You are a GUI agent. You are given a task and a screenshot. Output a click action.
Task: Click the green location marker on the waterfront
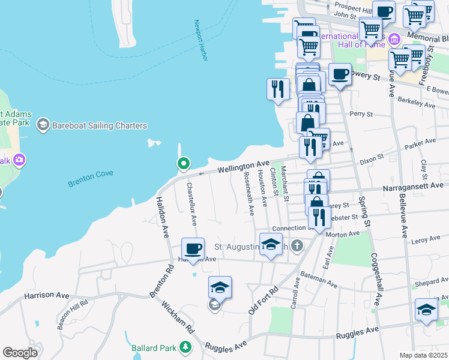click(x=183, y=163)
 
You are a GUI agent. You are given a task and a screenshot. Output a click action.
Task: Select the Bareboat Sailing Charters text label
click(x=98, y=125)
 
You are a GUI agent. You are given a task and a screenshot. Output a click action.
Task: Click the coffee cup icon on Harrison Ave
click(x=193, y=249)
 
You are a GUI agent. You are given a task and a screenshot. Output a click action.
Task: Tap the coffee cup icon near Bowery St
click(x=340, y=74)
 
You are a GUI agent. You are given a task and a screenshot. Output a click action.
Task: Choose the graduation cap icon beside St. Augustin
click(x=271, y=245)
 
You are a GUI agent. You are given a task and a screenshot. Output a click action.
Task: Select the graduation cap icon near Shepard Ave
click(x=426, y=310)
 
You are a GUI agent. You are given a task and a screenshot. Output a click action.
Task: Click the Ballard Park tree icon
click(x=185, y=347)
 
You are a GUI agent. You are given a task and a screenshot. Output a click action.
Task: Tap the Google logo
click(x=20, y=352)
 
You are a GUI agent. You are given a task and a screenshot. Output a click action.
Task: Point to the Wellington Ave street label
click(x=243, y=165)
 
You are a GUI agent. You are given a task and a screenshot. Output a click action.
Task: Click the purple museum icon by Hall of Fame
click(x=394, y=40)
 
